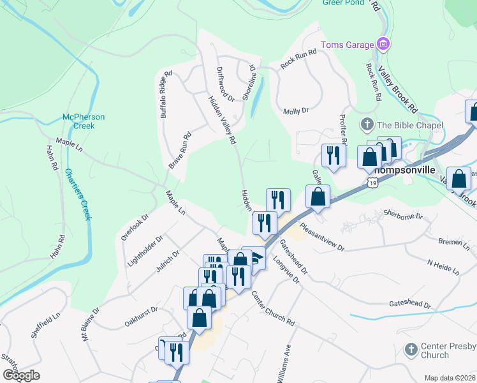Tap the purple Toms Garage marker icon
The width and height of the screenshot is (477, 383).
click(x=383, y=44)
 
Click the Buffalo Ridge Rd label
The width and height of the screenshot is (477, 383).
click(x=166, y=94)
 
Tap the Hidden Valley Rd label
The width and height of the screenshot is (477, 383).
click(x=222, y=119)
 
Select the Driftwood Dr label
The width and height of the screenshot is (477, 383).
click(x=225, y=84)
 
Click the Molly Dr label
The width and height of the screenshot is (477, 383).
click(x=296, y=110)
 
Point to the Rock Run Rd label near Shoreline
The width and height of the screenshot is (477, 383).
click(x=298, y=59)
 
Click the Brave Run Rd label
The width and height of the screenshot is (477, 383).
click(x=180, y=151)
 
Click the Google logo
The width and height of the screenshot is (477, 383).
click(x=21, y=375)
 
